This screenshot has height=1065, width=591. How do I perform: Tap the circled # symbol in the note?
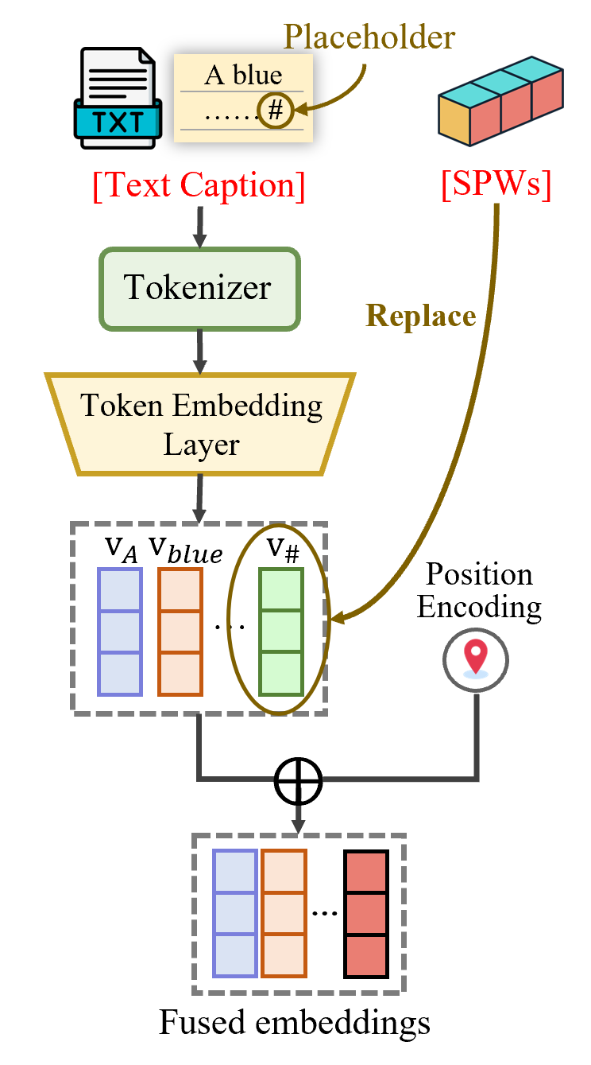point(275,111)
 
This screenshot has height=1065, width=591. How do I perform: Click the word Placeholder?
point(369,37)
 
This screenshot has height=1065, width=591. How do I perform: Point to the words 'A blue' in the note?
point(243,76)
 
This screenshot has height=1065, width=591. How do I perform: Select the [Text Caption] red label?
point(199,185)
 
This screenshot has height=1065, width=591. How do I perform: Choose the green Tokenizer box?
point(199,288)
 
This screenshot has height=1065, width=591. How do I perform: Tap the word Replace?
point(420,316)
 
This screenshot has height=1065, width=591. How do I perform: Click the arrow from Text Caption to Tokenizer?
point(199,227)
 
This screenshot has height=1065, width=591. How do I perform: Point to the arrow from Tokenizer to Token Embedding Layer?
point(199,351)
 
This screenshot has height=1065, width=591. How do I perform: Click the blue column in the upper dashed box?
point(120,632)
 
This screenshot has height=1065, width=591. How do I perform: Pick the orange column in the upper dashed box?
point(180,632)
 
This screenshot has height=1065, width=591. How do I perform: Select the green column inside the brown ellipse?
point(281,632)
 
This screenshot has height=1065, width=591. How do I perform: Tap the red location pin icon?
point(475,659)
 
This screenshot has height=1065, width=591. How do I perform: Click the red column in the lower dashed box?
point(366,914)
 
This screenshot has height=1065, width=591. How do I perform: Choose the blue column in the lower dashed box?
point(235,914)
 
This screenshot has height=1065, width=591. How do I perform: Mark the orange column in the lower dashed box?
point(284,914)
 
